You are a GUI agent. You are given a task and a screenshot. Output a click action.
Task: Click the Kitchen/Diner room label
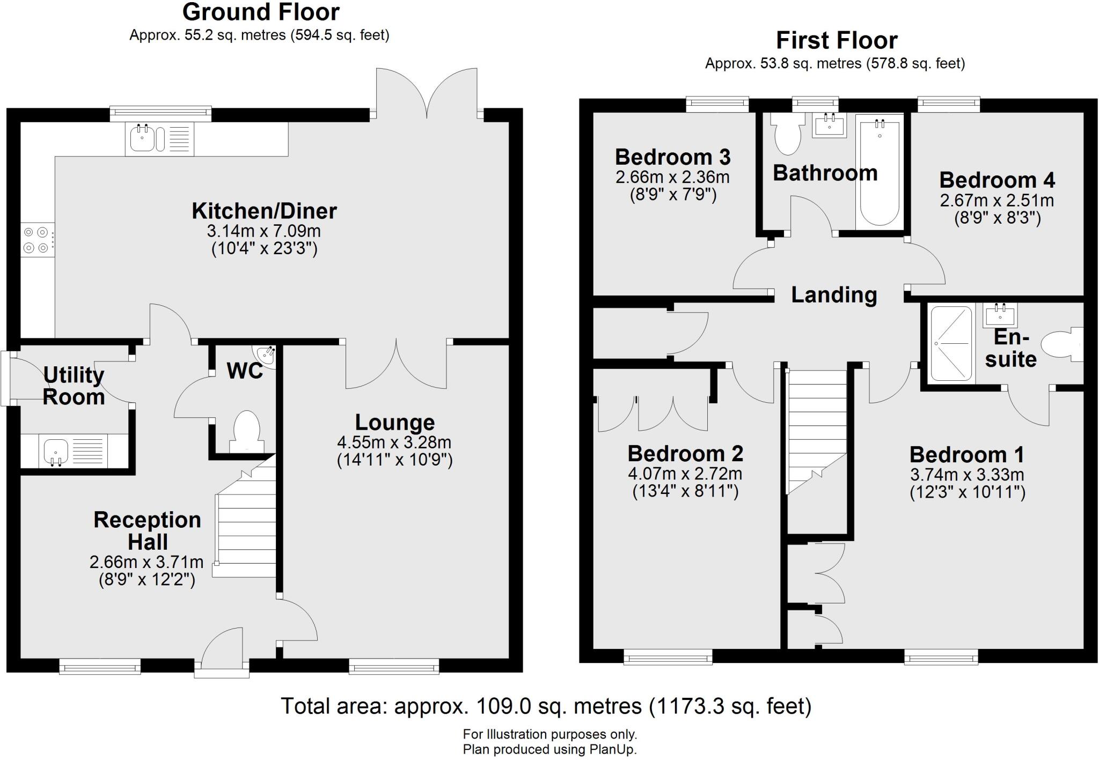pyautogui.click(x=264, y=211)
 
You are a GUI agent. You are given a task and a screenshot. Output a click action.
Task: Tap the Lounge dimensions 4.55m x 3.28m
pyautogui.click(x=394, y=442)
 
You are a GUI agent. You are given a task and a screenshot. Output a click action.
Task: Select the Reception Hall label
pyautogui.click(x=147, y=530)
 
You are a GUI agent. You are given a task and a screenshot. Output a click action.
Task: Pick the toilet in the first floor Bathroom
pyautogui.click(x=787, y=134)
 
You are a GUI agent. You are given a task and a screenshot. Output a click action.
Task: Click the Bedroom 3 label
pyautogui.click(x=672, y=157)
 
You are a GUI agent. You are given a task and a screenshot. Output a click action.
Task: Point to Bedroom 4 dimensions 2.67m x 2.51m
pyautogui.click(x=997, y=201)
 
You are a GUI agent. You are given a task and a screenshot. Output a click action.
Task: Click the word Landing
pyautogui.click(x=834, y=294)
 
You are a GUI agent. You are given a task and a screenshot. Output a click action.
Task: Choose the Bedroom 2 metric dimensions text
pyautogui.click(x=685, y=474)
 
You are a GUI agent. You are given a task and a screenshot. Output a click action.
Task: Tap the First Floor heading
pyautogui.click(x=836, y=40)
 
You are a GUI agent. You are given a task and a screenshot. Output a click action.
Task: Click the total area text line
pyautogui.click(x=546, y=706)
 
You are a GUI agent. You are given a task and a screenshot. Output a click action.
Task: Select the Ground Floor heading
pyautogui.click(x=261, y=12)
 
